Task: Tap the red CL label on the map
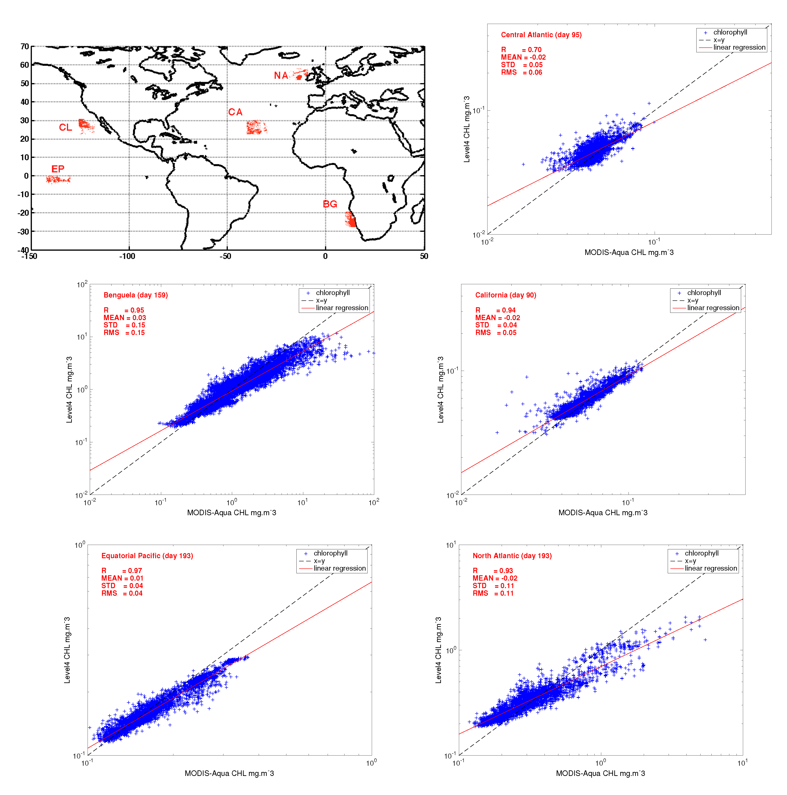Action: (65, 127)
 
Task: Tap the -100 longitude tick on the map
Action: (127, 256)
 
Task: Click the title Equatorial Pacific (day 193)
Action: (147, 556)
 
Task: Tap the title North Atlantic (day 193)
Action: (512, 556)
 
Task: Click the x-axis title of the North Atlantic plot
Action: (600, 773)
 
